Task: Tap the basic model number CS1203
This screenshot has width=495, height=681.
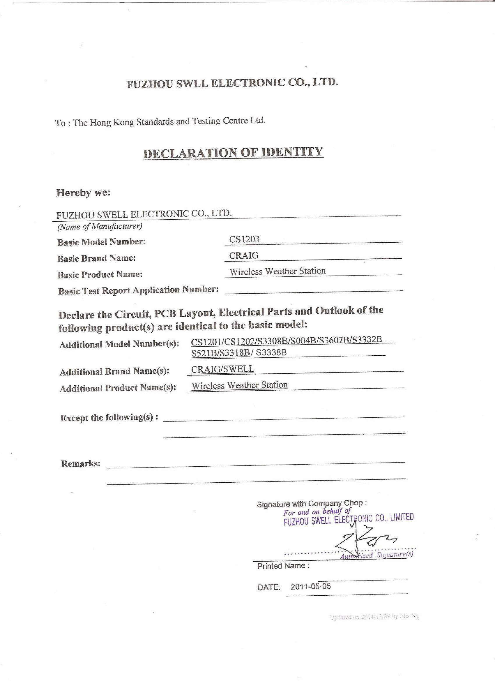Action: (x=244, y=239)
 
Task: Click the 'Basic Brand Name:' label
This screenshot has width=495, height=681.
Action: (x=96, y=258)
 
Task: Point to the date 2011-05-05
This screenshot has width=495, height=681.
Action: (x=311, y=586)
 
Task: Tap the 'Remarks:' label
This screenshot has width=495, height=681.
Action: (x=80, y=464)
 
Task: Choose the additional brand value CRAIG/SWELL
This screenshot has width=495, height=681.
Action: (x=222, y=369)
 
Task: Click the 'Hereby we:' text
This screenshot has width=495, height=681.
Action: (x=84, y=193)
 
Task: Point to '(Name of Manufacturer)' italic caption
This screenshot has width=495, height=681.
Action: (x=99, y=226)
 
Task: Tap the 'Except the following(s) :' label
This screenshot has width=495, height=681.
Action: (x=109, y=418)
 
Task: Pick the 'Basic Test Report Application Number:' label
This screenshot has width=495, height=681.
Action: (x=138, y=290)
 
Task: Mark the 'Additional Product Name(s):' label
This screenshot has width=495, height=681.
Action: (x=118, y=388)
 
